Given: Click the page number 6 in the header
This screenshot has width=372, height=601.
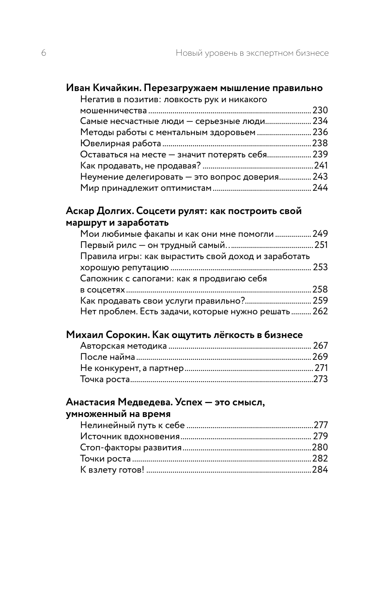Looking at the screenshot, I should (44, 53).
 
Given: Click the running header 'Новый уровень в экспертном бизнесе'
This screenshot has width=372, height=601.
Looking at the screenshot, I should (252, 53).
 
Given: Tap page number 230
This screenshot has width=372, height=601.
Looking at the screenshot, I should (320, 110).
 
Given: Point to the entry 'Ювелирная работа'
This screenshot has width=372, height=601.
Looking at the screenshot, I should (120, 143).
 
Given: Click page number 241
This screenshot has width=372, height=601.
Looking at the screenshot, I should (321, 166).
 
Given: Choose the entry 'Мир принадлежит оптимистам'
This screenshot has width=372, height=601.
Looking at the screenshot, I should (146, 188).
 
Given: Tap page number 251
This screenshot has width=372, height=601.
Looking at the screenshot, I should (321, 245).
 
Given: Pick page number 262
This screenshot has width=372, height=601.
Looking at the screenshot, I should (320, 311).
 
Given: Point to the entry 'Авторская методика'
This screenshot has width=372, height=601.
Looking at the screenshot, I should (124, 346).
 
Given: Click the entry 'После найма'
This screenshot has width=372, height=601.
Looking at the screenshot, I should (108, 357).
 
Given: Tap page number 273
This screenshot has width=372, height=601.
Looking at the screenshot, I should (321, 379).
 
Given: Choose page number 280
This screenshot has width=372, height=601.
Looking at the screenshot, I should (320, 447).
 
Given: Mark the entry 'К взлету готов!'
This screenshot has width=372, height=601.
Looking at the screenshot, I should (112, 470).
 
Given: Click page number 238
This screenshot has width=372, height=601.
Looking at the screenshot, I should (320, 143).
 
